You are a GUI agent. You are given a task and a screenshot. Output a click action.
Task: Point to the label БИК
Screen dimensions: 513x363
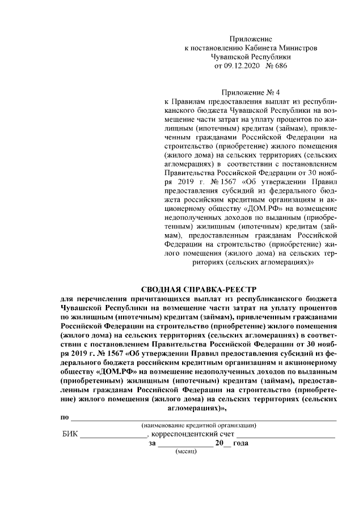(x=70, y=435)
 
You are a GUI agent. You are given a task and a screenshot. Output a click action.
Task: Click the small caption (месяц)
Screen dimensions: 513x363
(x=185, y=453)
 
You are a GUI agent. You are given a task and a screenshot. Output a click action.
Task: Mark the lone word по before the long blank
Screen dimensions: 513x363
(x=65, y=417)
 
